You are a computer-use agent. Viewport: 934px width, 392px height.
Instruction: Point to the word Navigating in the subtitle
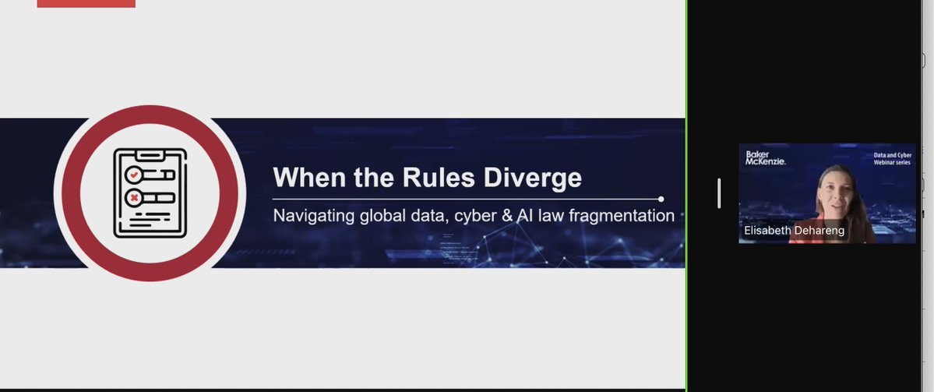pos(312,215)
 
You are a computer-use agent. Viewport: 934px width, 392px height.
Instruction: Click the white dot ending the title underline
pos(661,199)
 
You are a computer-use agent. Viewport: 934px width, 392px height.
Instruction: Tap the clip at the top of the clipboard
pos(150,151)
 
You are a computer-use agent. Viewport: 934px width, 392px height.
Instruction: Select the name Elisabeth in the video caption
pos(768,231)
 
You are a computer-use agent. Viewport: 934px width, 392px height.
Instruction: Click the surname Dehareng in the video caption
pos(818,231)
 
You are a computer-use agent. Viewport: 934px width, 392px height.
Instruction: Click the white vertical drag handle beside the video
pos(719,193)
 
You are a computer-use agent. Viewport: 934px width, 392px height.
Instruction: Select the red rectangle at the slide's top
pos(86,3)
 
